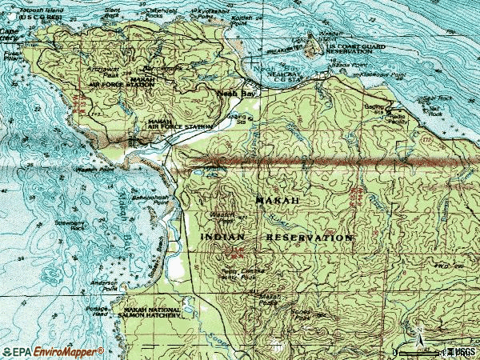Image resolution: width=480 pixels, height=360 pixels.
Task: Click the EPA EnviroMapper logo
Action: pyautogui.click(x=52, y=351)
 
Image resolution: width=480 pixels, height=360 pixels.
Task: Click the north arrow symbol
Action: pyautogui.click(x=416, y=332)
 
